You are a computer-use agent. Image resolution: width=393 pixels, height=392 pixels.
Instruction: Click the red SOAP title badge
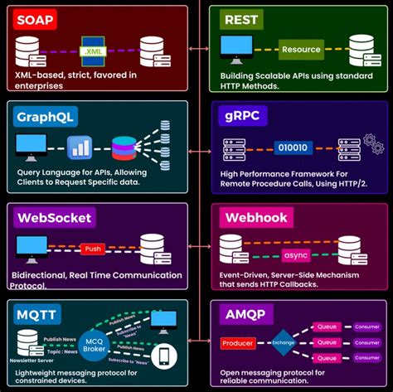[34, 18]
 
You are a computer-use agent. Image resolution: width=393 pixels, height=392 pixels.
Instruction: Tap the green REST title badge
[240, 18]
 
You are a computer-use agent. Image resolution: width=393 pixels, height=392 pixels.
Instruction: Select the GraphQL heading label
[46, 116]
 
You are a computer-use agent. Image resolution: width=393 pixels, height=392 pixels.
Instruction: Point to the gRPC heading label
[243, 116]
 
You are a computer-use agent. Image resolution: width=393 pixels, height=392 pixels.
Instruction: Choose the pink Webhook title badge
[256, 218]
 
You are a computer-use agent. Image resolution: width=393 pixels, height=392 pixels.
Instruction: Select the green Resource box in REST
[300, 49]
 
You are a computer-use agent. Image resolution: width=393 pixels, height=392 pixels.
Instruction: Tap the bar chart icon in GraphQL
[78, 147]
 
